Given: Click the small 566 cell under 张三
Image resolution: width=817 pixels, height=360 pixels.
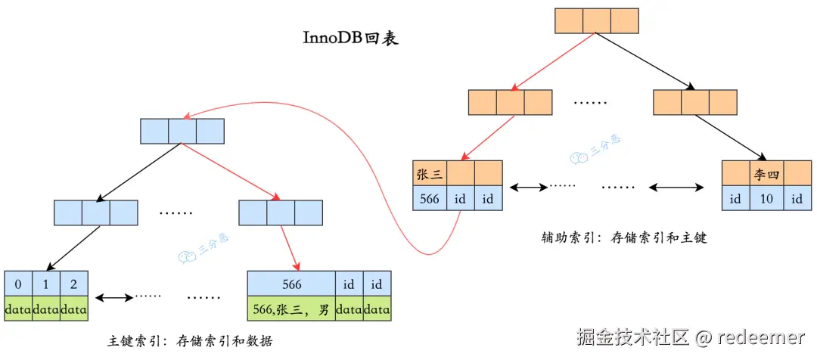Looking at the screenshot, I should [x=430, y=198].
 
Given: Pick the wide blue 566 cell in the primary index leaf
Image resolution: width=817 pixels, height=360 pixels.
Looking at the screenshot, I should [x=291, y=284].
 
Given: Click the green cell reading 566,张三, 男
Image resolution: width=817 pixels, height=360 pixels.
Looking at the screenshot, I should [x=291, y=309].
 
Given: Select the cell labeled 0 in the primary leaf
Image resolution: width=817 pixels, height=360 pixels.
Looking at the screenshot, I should [x=17, y=284].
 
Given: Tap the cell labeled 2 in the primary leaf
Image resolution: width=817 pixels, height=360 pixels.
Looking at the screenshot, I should [x=73, y=284].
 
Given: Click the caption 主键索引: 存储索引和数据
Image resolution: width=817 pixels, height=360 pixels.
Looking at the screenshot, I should [x=190, y=341].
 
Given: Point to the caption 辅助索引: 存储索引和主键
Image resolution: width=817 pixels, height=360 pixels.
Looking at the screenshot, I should [x=623, y=237].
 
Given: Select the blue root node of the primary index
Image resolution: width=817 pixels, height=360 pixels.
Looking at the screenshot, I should [x=182, y=131].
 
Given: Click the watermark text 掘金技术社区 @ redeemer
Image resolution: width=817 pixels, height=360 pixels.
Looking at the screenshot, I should [x=691, y=337].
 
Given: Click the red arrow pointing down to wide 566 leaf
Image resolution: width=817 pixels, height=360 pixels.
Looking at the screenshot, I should [x=288, y=248].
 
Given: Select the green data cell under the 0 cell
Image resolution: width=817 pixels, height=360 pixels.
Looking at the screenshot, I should [x=17, y=309].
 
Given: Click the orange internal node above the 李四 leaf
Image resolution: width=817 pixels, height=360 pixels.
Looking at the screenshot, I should [x=694, y=101].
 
